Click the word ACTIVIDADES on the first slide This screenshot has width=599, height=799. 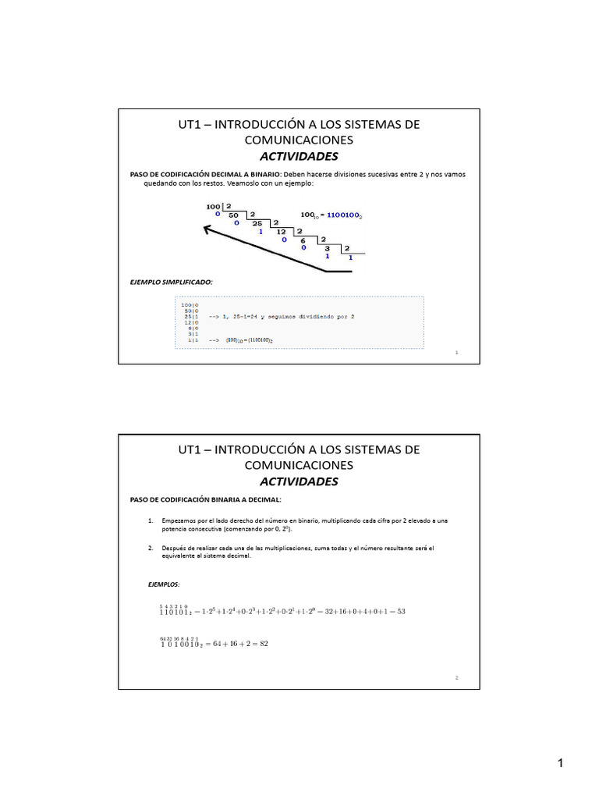(299, 156)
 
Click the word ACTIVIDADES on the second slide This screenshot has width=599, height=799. (299, 481)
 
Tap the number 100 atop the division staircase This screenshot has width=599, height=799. (213, 206)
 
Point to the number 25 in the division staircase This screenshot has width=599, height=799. (257, 222)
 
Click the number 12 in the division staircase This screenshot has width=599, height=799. (282, 232)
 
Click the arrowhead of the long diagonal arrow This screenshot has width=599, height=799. (207, 229)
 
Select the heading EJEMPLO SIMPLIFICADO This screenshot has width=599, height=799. (171, 281)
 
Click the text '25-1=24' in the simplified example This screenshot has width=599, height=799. (251, 317)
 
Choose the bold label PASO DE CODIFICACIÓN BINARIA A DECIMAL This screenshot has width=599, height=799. (205, 499)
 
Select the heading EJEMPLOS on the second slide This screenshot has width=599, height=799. (164, 584)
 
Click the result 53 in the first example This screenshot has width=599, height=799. (401, 611)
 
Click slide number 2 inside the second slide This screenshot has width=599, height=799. (457, 678)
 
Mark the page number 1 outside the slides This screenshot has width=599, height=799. (560, 764)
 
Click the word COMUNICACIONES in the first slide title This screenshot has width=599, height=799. (299, 140)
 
